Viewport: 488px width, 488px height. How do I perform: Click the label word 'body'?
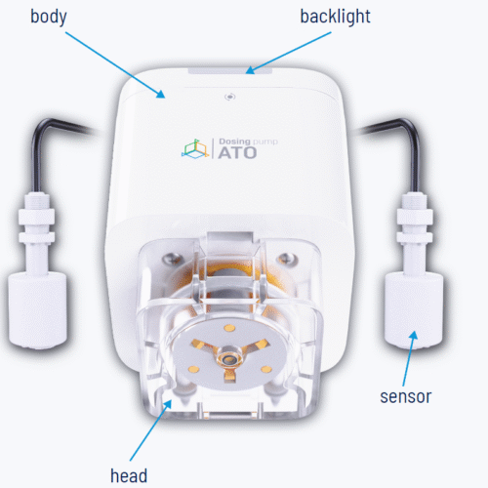(x=49, y=17)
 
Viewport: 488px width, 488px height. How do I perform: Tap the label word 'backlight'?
(x=335, y=17)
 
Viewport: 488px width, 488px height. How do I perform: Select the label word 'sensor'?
(x=406, y=397)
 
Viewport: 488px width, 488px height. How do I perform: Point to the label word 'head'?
(x=129, y=475)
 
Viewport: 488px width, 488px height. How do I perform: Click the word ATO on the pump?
(x=237, y=153)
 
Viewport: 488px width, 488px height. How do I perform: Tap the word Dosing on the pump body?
(x=234, y=142)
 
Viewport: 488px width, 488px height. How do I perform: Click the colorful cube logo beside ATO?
(x=194, y=149)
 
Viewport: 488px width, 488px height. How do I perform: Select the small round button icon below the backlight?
(x=230, y=97)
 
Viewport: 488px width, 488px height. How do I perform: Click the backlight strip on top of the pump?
(x=230, y=71)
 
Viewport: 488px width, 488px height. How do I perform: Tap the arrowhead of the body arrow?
(x=161, y=94)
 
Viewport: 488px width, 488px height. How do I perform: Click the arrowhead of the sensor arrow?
(x=413, y=335)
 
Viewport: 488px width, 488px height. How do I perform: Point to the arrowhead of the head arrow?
(x=167, y=404)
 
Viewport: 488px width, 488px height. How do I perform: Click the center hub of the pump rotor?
(x=229, y=358)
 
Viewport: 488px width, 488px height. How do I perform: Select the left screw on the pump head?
(x=172, y=260)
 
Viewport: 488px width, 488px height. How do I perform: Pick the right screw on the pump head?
(x=286, y=259)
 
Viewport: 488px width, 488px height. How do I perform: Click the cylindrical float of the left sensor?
(x=37, y=309)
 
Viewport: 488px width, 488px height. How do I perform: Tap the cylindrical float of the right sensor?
(x=414, y=309)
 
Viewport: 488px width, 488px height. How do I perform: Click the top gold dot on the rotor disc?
(x=229, y=328)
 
